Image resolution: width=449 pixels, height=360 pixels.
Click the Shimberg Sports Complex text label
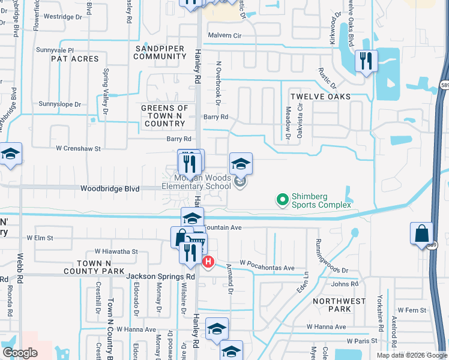[x=321, y=201]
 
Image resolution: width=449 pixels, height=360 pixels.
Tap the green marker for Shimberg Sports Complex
[x=282, y=198]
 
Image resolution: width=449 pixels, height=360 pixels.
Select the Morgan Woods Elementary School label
[x=196, y=182]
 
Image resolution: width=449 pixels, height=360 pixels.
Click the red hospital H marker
[x=208, y=262]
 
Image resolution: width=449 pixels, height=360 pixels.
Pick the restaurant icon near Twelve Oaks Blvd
[x=366, y=61]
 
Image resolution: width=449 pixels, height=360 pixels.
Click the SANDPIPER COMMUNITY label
[x=160, y=52]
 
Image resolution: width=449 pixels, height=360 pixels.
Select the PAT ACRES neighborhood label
[x=75, y=59]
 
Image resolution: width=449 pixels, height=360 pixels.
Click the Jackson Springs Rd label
[x=161, y=277]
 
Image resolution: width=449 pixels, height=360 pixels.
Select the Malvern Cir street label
[x=224, y=35]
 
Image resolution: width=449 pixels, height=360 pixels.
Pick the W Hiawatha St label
[x=116, y=252]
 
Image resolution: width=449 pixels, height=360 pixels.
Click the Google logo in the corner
[x=20, y=353]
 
